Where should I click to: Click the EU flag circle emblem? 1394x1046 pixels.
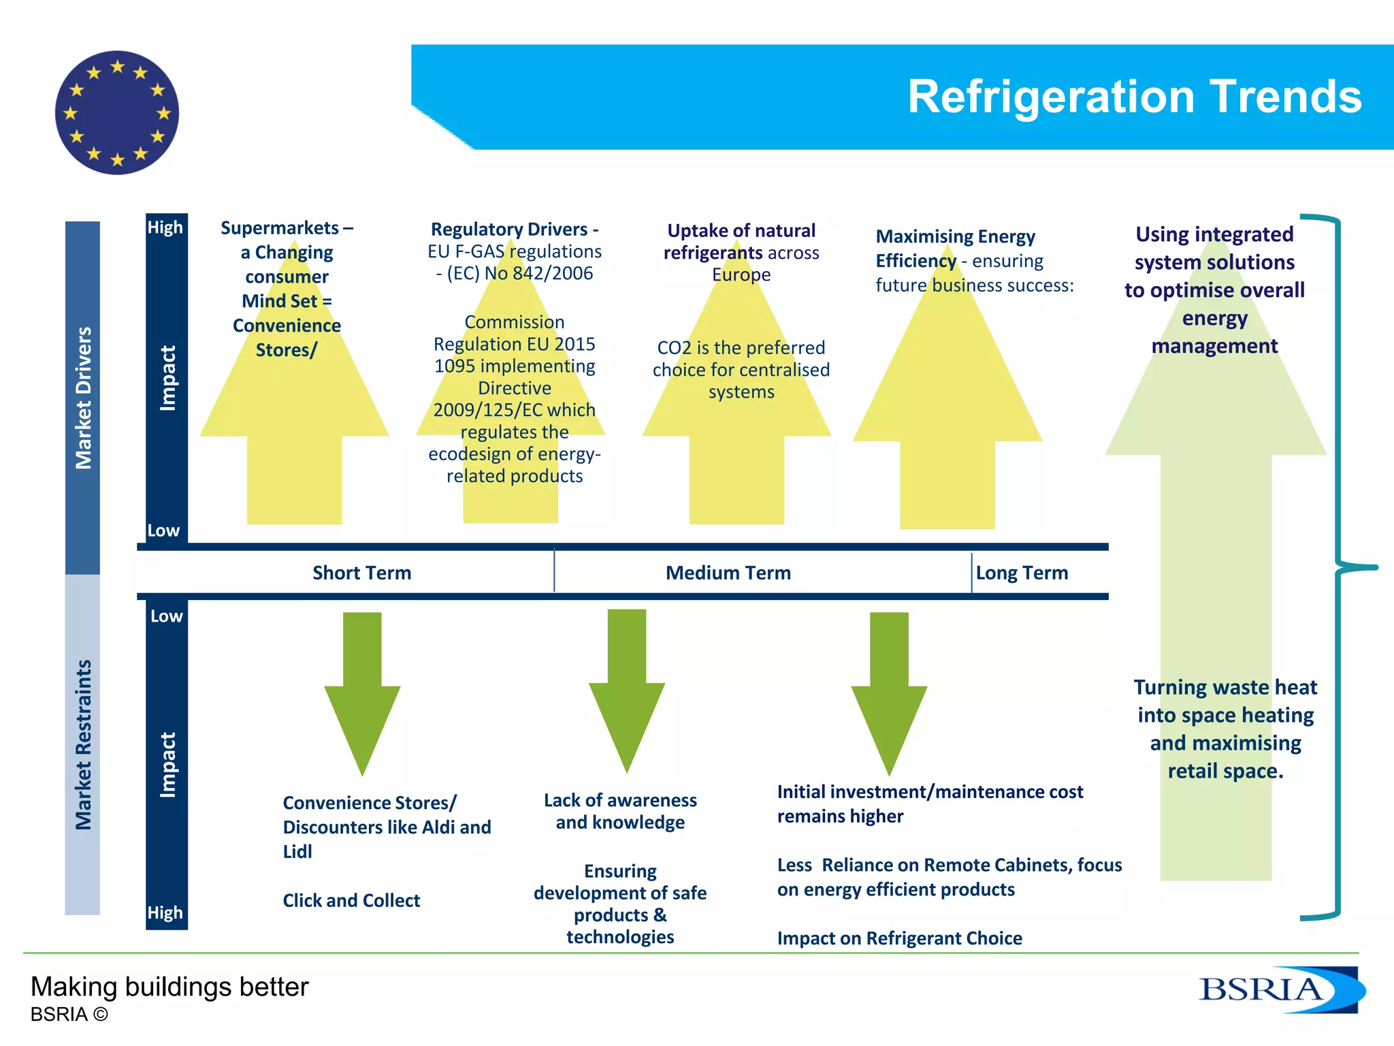click(117, 113)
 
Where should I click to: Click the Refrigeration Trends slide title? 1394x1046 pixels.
click(1134, 96)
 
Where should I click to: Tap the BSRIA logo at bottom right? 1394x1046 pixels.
click(1280, 989)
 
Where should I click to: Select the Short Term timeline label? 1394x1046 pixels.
click(361, 573)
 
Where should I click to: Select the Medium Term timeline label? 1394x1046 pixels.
click(728, 573)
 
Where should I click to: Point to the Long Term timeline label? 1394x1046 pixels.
click(1021, 573)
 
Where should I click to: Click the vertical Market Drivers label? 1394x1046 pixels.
click(83, 398)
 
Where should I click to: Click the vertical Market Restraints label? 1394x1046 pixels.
click(83, 744)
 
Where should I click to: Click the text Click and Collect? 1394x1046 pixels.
click(351, 900)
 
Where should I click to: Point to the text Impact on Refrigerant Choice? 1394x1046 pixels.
click(899, 938)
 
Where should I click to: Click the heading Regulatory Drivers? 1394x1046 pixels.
click(514, 229)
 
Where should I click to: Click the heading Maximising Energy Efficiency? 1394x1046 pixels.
click(954, 248)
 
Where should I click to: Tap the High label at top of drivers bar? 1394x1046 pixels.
click(165, 227)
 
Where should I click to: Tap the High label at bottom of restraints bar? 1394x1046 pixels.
click(165, 913)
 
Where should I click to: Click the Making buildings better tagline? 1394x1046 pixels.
click(169, 987)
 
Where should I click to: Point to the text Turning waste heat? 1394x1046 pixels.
click(1225, 687)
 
